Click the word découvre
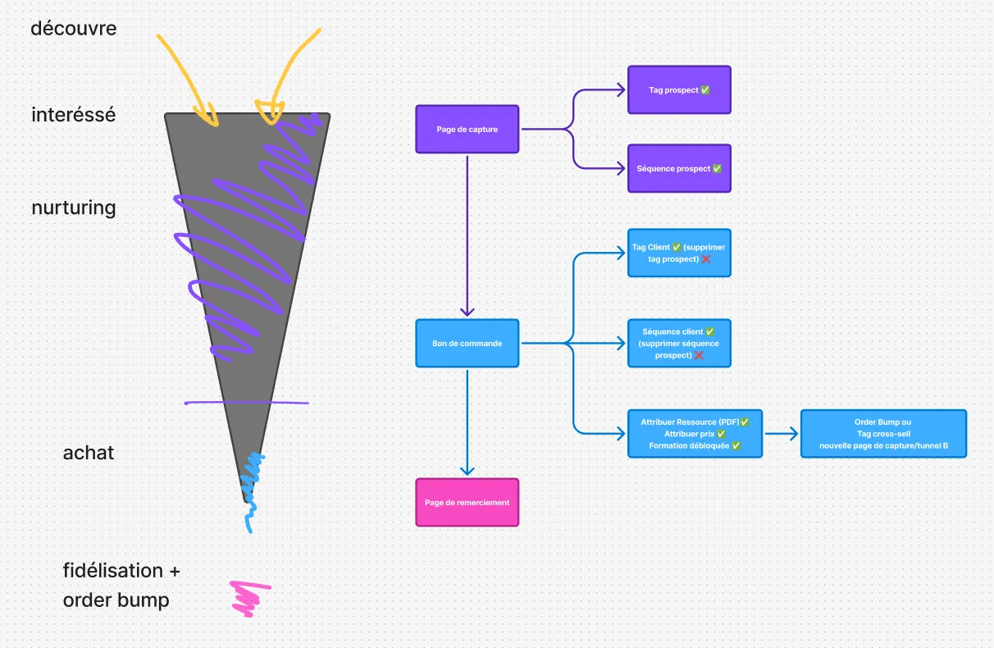pos(74,29)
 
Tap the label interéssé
pos(74,115)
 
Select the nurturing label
pos(74,208)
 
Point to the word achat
pos(89,453)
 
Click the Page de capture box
pos(467,129)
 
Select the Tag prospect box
pos(679,89)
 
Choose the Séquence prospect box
pos(679,168)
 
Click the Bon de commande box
pos(467,343)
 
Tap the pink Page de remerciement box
pos(467,502)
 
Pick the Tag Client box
pos(679,253)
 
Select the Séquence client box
pos(679,343)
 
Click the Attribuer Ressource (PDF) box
pos(695,433)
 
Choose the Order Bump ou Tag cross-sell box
pos(883,433)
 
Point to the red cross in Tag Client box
pos(705,259)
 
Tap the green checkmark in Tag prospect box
pos(705,90)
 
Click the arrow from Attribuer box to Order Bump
pos(781,433)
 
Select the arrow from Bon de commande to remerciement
pos(467,422)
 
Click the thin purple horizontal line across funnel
pos(246,403)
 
